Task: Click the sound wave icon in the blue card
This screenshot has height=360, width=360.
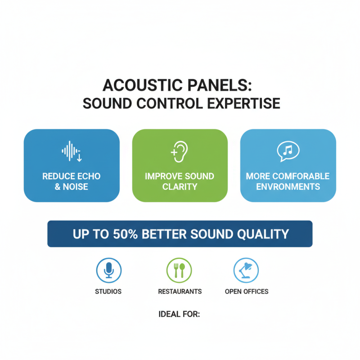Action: tap(72, 152)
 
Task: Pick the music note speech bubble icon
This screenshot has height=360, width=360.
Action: tap(288, 152)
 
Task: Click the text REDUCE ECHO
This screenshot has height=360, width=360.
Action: tap(72, 176)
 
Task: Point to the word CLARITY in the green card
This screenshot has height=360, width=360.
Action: tap(180, 186)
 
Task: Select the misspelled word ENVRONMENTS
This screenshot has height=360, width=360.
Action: tap(288, 186)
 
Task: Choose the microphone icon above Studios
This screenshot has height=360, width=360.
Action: tap(108, 270)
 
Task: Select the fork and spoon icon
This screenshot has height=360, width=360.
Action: tap(179, 270)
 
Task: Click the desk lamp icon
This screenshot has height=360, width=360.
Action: tap(246, 270)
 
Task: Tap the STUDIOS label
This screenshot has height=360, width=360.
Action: tap(108, 292)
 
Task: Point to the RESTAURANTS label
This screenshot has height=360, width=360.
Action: tap(180, 292)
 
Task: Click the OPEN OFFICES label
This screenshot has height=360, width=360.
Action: tap(246, 292)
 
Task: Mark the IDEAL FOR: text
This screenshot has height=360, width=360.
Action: tap(179, 314)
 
